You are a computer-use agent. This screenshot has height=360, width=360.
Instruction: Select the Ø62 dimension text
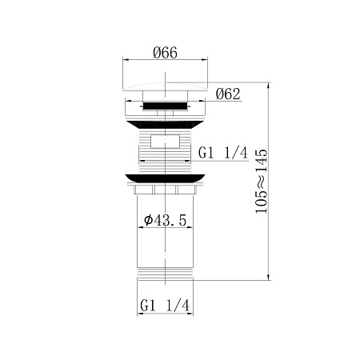[228, 94]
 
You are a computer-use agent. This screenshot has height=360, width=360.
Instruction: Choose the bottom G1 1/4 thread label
[164, 306]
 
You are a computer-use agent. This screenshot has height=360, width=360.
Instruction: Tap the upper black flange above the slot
[166, 125]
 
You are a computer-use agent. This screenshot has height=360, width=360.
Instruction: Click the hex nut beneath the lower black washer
[166, 192]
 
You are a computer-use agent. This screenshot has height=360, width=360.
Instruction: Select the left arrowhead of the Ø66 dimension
[123, 60]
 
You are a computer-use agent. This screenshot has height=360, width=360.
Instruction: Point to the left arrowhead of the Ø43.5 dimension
[141, 227]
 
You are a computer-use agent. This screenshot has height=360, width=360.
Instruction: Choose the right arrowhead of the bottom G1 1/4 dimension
[191, 314]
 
